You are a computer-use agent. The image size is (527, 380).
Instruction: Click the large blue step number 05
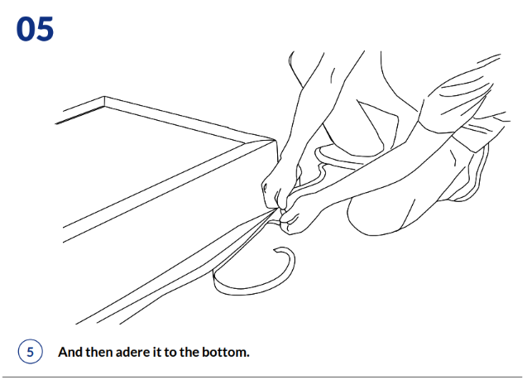35,29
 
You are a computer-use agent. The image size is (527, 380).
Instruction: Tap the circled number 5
31,352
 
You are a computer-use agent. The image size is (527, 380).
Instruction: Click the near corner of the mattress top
275,140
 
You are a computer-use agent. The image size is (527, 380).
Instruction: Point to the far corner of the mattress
104,97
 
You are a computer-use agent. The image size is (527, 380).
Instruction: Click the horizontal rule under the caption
262,377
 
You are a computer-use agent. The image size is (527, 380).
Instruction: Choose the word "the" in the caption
189,352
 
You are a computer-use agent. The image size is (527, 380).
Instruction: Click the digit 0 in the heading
25,29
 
